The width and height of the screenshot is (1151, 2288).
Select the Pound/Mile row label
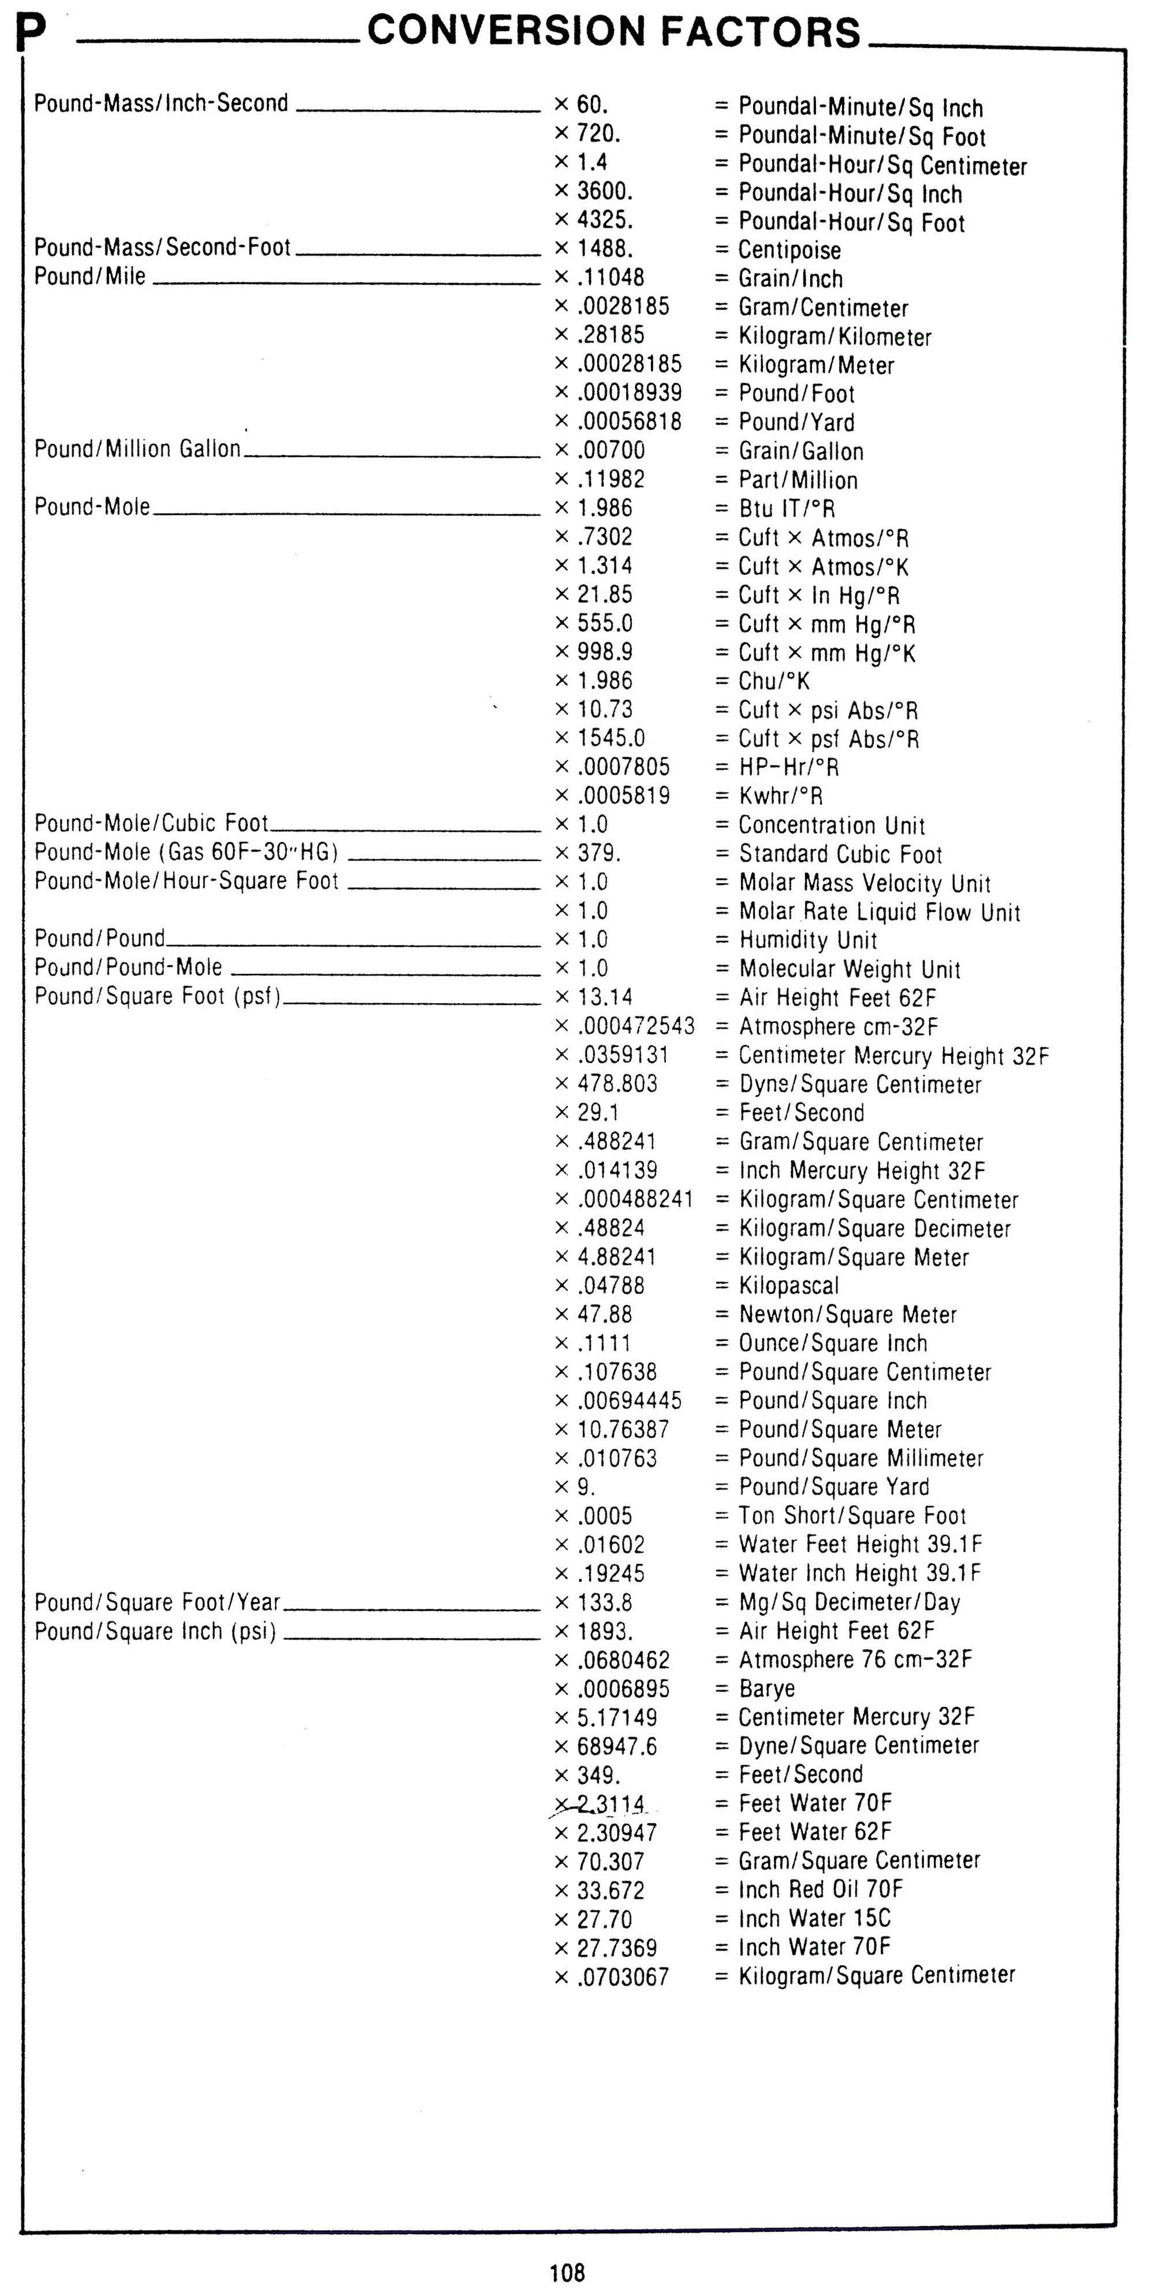(x=90, y=276)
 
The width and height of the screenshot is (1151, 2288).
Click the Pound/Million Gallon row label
(x=137, y=449)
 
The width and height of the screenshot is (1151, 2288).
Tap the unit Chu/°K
(x=773, y=681)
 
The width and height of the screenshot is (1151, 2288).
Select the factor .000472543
(x=636, y=1026)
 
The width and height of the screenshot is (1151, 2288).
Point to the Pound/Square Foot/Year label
(x=157, y=1601)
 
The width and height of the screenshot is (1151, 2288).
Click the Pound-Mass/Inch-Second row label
(x=161, y=103)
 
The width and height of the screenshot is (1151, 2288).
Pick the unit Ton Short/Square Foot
(x=852, y=1515)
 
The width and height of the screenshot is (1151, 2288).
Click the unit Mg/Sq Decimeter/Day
(x=849, y=1601)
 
